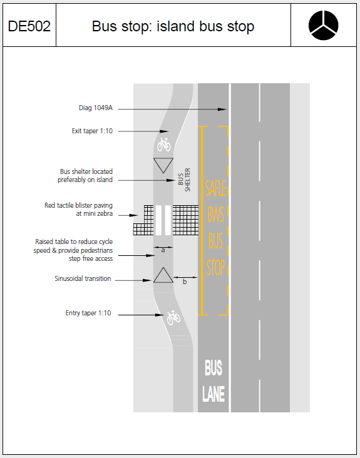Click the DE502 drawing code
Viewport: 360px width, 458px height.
[29, 26]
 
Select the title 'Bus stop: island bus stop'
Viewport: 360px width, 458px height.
[173, 26]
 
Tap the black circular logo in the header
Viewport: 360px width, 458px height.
[324, 25]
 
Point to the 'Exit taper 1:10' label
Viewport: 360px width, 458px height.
[92, 131]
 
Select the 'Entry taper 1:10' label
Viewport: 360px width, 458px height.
[88, 313]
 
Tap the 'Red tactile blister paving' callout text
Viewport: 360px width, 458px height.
[78, 209]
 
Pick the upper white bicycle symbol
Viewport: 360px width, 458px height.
[164, 145]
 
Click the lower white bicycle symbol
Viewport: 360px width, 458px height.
[173, 318]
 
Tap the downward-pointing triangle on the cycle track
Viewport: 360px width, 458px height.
[163, 165]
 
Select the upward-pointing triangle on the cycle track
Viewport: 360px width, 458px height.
[163, 276]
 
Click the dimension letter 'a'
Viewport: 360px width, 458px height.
[163, 250]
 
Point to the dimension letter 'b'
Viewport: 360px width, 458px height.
[184, 282]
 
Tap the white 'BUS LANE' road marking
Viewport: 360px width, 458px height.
[213, 381]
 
